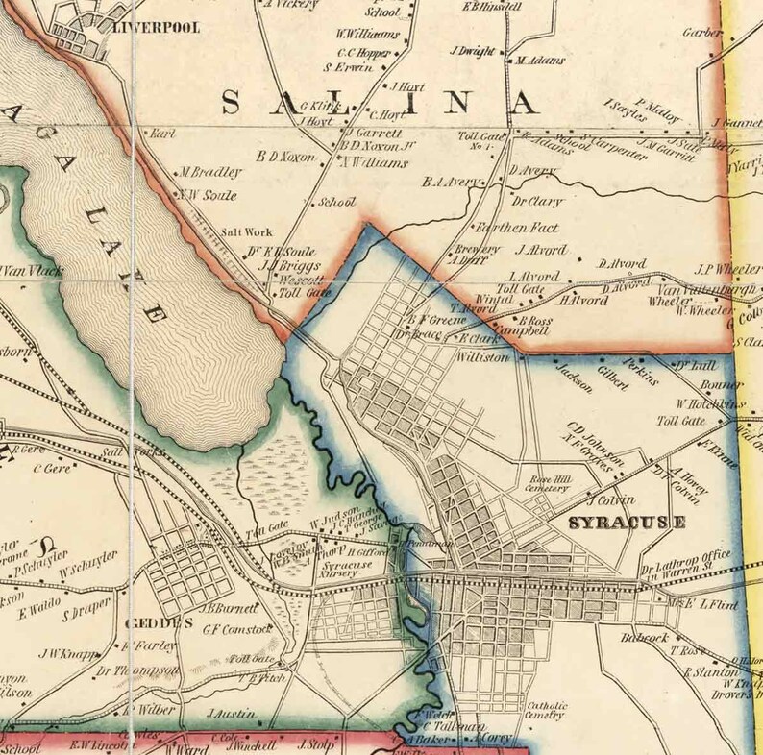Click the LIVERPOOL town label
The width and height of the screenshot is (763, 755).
(156, 28)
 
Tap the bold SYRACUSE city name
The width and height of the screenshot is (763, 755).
(627, 524)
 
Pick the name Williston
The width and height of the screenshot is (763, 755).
(489, 355)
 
